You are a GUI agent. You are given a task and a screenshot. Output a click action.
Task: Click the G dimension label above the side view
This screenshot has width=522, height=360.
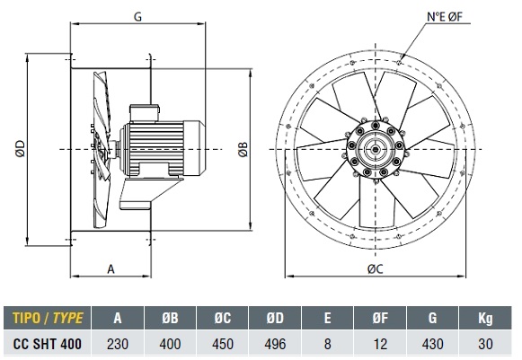click(137, 16)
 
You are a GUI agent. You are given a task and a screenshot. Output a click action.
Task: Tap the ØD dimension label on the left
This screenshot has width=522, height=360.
click(20, 148)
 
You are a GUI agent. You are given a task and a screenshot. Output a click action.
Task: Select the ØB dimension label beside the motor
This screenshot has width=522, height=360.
click(243, 149)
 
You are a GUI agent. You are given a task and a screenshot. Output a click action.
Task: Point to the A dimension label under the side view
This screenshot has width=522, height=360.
click(111, 268)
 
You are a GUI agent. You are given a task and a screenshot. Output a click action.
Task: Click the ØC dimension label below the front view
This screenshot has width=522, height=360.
click(375, 268)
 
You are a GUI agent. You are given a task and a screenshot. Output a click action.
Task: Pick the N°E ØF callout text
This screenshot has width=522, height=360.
click(445, 16)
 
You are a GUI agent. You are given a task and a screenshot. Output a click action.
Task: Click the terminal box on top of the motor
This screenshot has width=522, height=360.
click(145, 112)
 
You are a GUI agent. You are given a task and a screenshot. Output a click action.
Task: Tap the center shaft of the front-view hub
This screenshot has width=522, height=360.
click(376, 149)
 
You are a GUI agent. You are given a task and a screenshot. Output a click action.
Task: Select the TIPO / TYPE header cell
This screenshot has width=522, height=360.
click(48, 318)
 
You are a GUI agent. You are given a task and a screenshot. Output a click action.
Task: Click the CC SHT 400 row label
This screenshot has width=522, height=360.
click(48, 344)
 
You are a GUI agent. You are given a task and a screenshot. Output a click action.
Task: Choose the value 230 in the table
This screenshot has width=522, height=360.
click(118, 344)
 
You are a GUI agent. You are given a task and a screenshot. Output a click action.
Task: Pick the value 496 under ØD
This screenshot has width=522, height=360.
click(275, 344)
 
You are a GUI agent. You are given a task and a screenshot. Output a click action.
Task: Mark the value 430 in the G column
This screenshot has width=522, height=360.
click(432, 344)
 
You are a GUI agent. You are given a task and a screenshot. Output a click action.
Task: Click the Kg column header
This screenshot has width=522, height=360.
click(485, 319)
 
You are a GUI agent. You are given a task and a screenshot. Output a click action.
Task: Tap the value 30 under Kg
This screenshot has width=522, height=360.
click(485, 344)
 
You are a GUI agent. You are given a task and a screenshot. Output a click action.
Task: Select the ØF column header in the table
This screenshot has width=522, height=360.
click(380, 318)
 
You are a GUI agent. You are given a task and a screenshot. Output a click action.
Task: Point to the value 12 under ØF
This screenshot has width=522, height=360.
click(380, 344)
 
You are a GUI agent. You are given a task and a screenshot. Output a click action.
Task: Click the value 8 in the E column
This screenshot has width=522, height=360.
click(328, 344)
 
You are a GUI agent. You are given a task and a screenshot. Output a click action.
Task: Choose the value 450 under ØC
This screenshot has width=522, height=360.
click(223, 344)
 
